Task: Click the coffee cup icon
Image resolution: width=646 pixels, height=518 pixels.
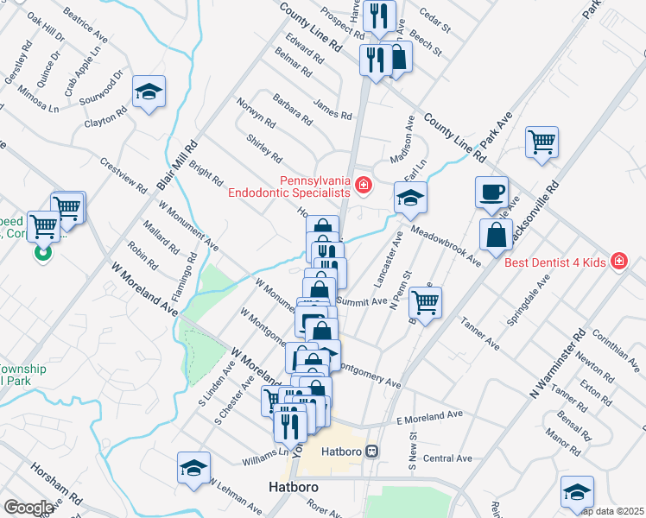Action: [x=491, y=191]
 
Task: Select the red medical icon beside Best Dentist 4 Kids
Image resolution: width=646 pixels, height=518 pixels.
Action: [x=618, y=260]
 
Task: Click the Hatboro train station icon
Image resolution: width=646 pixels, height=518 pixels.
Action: [x=372, y=451]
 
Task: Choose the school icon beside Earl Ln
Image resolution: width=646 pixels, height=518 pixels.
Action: [x=410, y=198]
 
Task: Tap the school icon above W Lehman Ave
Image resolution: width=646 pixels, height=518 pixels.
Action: [x=194, y=468]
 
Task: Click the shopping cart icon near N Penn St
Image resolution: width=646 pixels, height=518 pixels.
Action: [x=425, y=302]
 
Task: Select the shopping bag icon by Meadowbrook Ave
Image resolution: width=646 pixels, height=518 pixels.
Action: [x=497, y=235]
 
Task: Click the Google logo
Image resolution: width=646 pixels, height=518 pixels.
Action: [x=28, y=508]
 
